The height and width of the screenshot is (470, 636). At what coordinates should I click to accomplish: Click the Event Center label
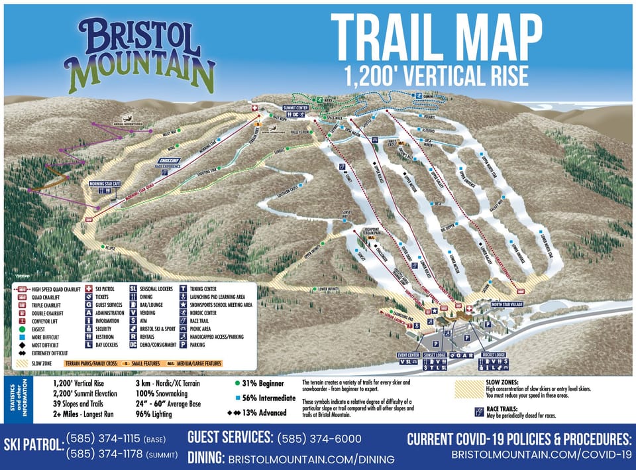409,355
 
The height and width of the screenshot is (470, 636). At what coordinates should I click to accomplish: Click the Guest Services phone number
319,439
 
